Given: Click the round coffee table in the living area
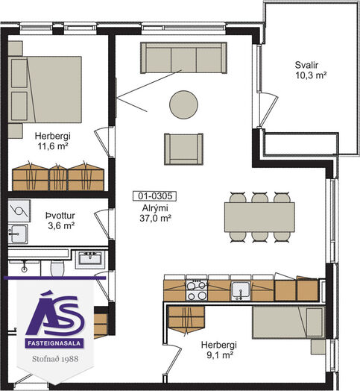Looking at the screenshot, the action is (183, 104).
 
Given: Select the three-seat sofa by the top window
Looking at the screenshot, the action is (183, 58).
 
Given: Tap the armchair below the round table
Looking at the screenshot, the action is (183, 149).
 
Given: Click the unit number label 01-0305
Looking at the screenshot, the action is (155, 196).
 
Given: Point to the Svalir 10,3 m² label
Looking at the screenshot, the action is (311, 70).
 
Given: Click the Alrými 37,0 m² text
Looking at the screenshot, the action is (155, 213).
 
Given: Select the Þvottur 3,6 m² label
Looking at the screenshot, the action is (61, 221).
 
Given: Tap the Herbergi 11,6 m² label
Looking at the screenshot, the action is (53, 141).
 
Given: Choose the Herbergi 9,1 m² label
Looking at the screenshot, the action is (219, 350).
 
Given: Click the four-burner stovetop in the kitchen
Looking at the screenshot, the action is (197, 290).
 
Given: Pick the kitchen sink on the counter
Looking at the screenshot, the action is (241, 291).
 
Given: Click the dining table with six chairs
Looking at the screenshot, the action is (259, 217).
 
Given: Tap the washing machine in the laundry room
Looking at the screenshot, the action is (19, 211).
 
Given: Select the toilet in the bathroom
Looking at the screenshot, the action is (57, 268).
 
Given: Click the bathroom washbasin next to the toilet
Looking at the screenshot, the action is (90, 259).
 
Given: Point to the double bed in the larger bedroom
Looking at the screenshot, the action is (45, 90).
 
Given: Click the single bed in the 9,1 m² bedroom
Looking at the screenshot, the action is (289, 322).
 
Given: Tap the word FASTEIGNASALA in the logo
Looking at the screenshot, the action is (54, 343).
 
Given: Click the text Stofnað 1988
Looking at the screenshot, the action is (55, 359).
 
